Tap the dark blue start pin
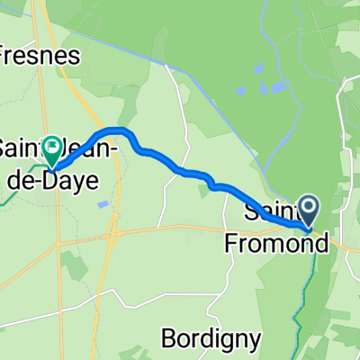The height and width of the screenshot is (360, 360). (x=309, y=212)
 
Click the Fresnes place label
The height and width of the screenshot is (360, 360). (x=40, y=55)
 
